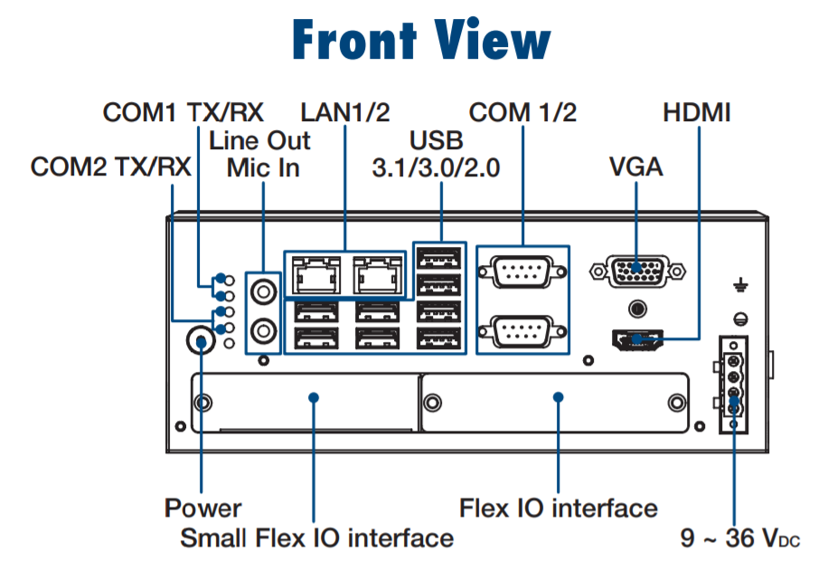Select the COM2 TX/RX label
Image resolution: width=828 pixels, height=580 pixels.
(x=110, y=167)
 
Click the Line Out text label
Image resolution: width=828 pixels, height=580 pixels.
(x=259, y=140)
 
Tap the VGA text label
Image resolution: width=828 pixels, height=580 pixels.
(x=636, y=167)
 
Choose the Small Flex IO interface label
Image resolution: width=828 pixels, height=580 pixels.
(x=316, y=537)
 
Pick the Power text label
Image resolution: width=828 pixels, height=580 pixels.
(x=202, y=508)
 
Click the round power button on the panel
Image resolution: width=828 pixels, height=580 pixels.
(x=201, y=339)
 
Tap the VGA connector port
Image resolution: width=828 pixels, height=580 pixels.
(x=637, y=270)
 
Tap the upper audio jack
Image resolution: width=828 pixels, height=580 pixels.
(x=262, y=290)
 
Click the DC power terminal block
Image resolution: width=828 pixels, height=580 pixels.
(x=734, y=385)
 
